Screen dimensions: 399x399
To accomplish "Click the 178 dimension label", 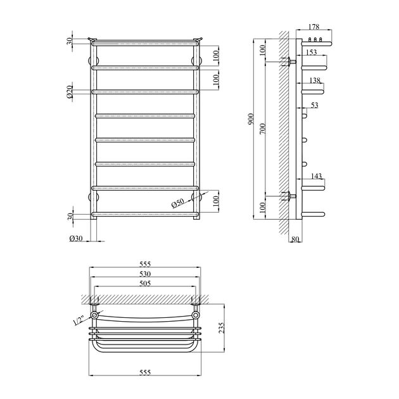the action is click(313, 27).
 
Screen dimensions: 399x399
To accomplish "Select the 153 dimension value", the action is click(312, 52).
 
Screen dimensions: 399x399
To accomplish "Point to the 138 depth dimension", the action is click(315, 80).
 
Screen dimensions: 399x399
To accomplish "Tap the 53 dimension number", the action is click(315, 105).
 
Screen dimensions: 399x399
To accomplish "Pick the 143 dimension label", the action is click(316, 176).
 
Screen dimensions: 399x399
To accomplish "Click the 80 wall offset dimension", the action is click(295, 239).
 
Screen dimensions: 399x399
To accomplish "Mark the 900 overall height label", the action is click(251, 119).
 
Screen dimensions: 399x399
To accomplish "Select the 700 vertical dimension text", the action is click(263, 129).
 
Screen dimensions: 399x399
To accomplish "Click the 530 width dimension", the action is click(145, 274).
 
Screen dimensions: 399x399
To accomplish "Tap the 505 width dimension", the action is click(145, 283).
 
